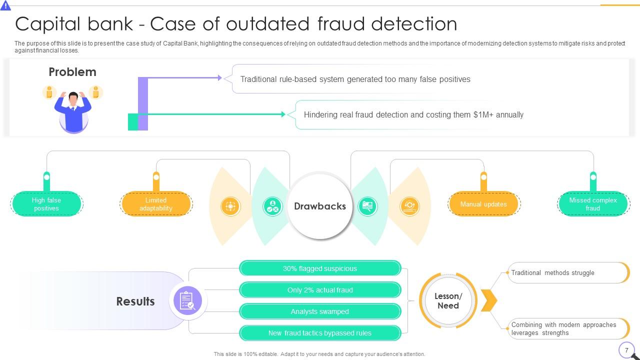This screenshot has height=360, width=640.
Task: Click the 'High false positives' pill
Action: coord(46,204)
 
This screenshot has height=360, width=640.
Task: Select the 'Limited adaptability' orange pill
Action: coord(156,204)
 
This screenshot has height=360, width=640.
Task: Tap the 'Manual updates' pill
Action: coord(483,204)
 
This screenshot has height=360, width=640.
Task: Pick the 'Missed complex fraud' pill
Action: coord(593,204)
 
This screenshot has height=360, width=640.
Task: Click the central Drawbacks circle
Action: coord(320,206)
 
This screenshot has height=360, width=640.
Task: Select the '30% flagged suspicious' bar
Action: coord(320,268)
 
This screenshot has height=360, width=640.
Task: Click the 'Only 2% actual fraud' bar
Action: coord(320,290)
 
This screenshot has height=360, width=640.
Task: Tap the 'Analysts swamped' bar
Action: coord(320,311)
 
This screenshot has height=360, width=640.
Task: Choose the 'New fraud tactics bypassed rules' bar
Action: coord(320,333)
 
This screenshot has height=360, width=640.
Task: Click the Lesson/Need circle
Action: coord(448,300)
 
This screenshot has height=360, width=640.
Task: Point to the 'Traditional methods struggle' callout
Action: coord(567,273)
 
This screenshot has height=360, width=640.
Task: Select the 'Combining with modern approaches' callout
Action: coord(567,328)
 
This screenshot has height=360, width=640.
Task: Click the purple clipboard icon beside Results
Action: coord(187,301)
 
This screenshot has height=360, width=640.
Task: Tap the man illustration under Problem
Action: coord(73,111)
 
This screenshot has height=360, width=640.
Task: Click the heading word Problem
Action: coord(72,72)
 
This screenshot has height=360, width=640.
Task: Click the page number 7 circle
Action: coord(626,350)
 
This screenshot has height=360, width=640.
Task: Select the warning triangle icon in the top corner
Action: coord(5,5)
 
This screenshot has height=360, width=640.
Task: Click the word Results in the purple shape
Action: coord(135,301)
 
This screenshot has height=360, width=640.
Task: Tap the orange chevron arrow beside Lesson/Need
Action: coord(489,300)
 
